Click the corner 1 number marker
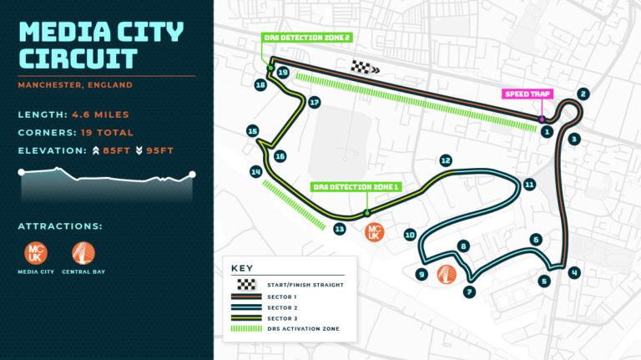click(x=547, y=131)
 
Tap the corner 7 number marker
click(x=470, y=292)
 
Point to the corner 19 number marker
click(x=283, y=73)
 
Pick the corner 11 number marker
click(x=529, y=184)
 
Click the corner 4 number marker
click(x=574, y=272)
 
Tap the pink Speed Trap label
click(x=527, y=94)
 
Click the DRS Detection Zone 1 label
click(x=345, y=187)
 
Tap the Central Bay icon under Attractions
click(x=83, y=252)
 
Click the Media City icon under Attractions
click(x=36, y=252)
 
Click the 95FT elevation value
click(x=159, y=151)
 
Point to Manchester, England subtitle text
click(x=75, y=84)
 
